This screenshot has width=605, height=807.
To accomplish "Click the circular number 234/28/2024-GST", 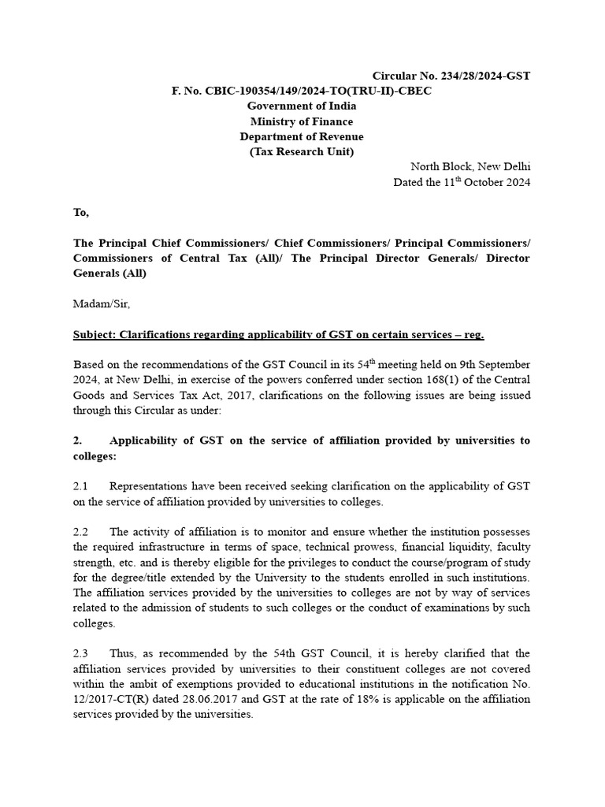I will click(451, 76).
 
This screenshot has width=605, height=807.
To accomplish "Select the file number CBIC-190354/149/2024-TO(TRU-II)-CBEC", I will click(302, 91).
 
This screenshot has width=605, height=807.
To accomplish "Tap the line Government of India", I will click(302, 106).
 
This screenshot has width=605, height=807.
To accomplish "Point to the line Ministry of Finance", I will click(302, 121).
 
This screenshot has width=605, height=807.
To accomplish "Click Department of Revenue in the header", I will click(302, 136).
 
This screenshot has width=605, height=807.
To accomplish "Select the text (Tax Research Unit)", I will click(302, 151).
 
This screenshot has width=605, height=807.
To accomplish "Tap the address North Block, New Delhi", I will click(470, 167).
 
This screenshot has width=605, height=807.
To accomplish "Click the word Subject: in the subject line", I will click(94, 335).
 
